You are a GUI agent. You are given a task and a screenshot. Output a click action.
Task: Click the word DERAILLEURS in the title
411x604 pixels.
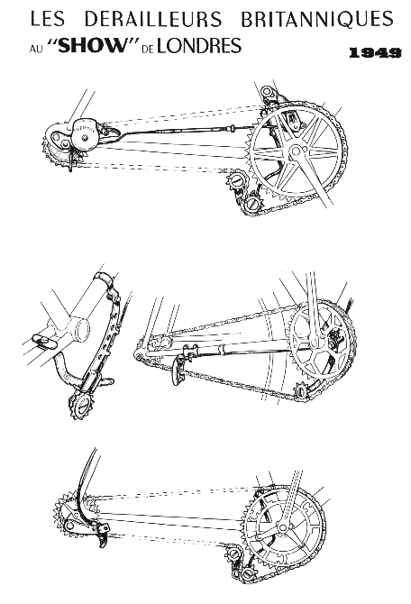(153, 19)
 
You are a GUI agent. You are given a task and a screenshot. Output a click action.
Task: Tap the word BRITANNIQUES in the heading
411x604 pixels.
(317, 19)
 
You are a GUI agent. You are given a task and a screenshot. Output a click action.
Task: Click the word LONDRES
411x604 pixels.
(199, 45)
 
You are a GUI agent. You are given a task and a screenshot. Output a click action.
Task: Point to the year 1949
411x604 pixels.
(375, 53)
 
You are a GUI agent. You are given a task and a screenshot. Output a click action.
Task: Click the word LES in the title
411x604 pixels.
(48, 19)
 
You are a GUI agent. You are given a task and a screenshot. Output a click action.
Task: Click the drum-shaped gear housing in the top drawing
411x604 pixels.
(85, 134)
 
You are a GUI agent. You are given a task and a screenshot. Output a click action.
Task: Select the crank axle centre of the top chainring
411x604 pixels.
(296, 151)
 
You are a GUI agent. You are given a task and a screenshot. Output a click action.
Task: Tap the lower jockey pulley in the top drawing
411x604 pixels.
(253, 204)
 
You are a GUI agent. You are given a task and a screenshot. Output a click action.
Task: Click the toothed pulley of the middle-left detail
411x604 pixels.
(82, 405)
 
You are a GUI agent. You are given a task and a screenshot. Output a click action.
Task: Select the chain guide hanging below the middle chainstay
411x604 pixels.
(179, 371)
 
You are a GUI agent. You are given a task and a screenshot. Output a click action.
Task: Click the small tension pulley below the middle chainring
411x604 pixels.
(301, 391)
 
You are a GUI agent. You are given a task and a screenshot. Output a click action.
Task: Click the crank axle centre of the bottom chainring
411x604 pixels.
(282, 527)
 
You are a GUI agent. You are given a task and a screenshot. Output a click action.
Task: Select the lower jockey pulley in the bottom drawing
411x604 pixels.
(247, 574)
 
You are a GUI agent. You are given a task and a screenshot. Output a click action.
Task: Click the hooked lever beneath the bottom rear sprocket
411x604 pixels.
(101, 538)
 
